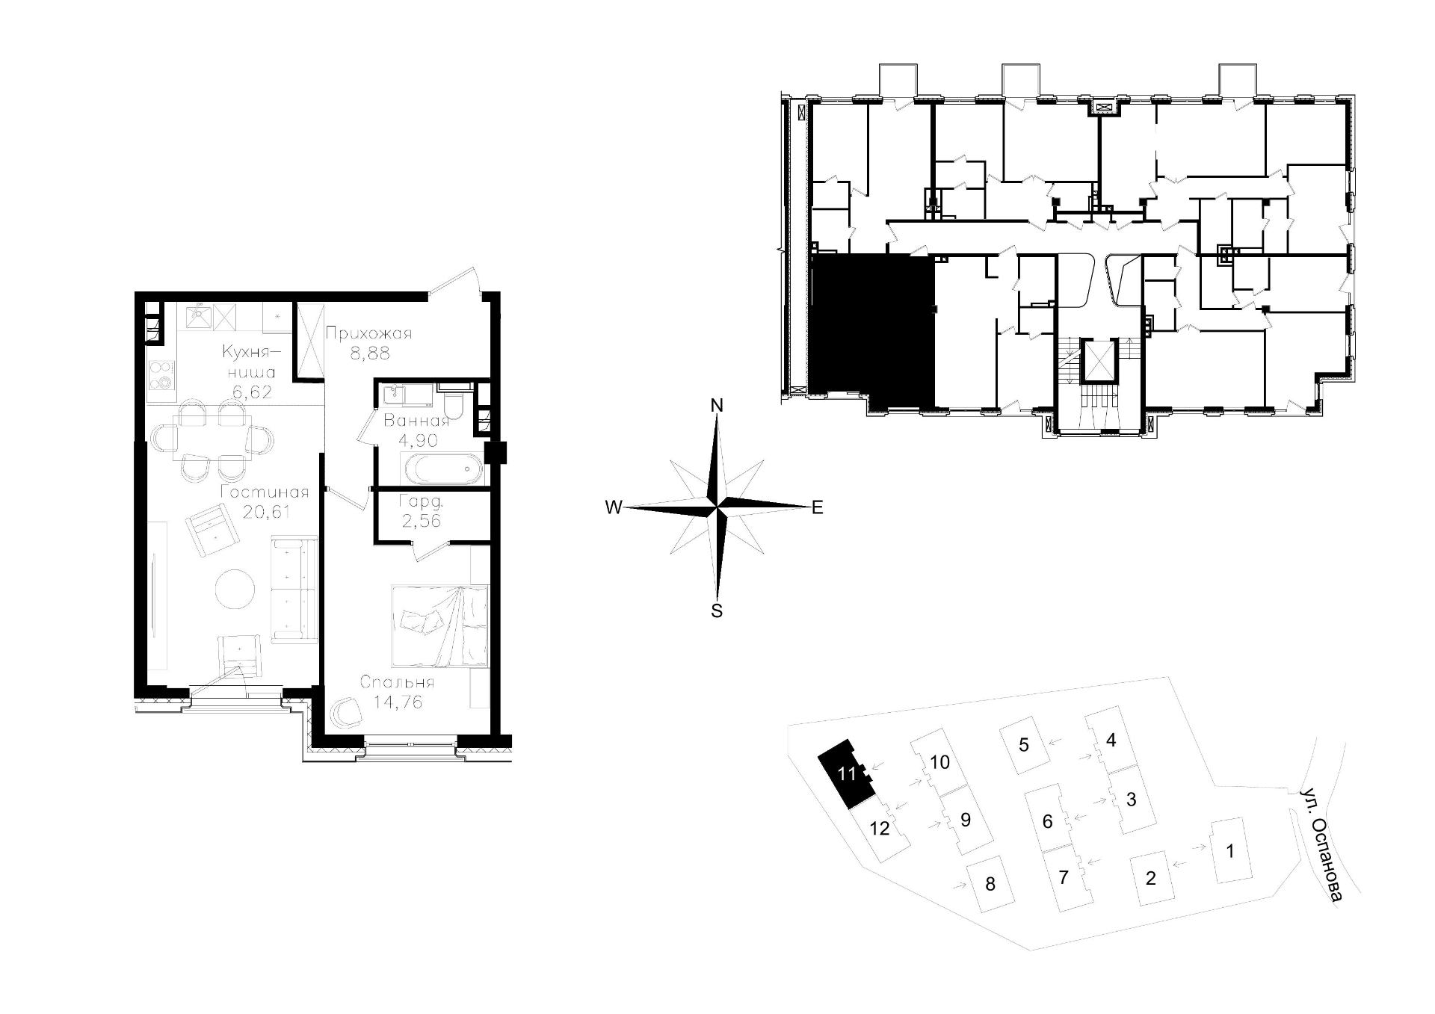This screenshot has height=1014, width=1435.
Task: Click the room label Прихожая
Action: pos(368,333)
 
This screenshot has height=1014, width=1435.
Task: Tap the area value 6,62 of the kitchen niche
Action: pos(251,392)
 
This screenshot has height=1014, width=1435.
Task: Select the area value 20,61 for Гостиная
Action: pos(266,512)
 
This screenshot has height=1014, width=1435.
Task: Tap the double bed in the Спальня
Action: pos(439,625)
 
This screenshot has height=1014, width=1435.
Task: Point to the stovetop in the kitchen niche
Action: pos(161,374)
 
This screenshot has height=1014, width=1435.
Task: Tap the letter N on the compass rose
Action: pos(717,406)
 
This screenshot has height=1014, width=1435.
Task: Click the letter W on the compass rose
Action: pos(614,508)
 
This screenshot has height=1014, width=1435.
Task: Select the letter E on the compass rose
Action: pos(818,508)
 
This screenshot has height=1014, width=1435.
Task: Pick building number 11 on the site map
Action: pos(846,774)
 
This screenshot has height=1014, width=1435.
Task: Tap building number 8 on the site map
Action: pos(990,885)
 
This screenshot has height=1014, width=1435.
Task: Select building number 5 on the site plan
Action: pos(1025,744)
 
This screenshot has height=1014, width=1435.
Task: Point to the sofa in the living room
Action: pos(294,589)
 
